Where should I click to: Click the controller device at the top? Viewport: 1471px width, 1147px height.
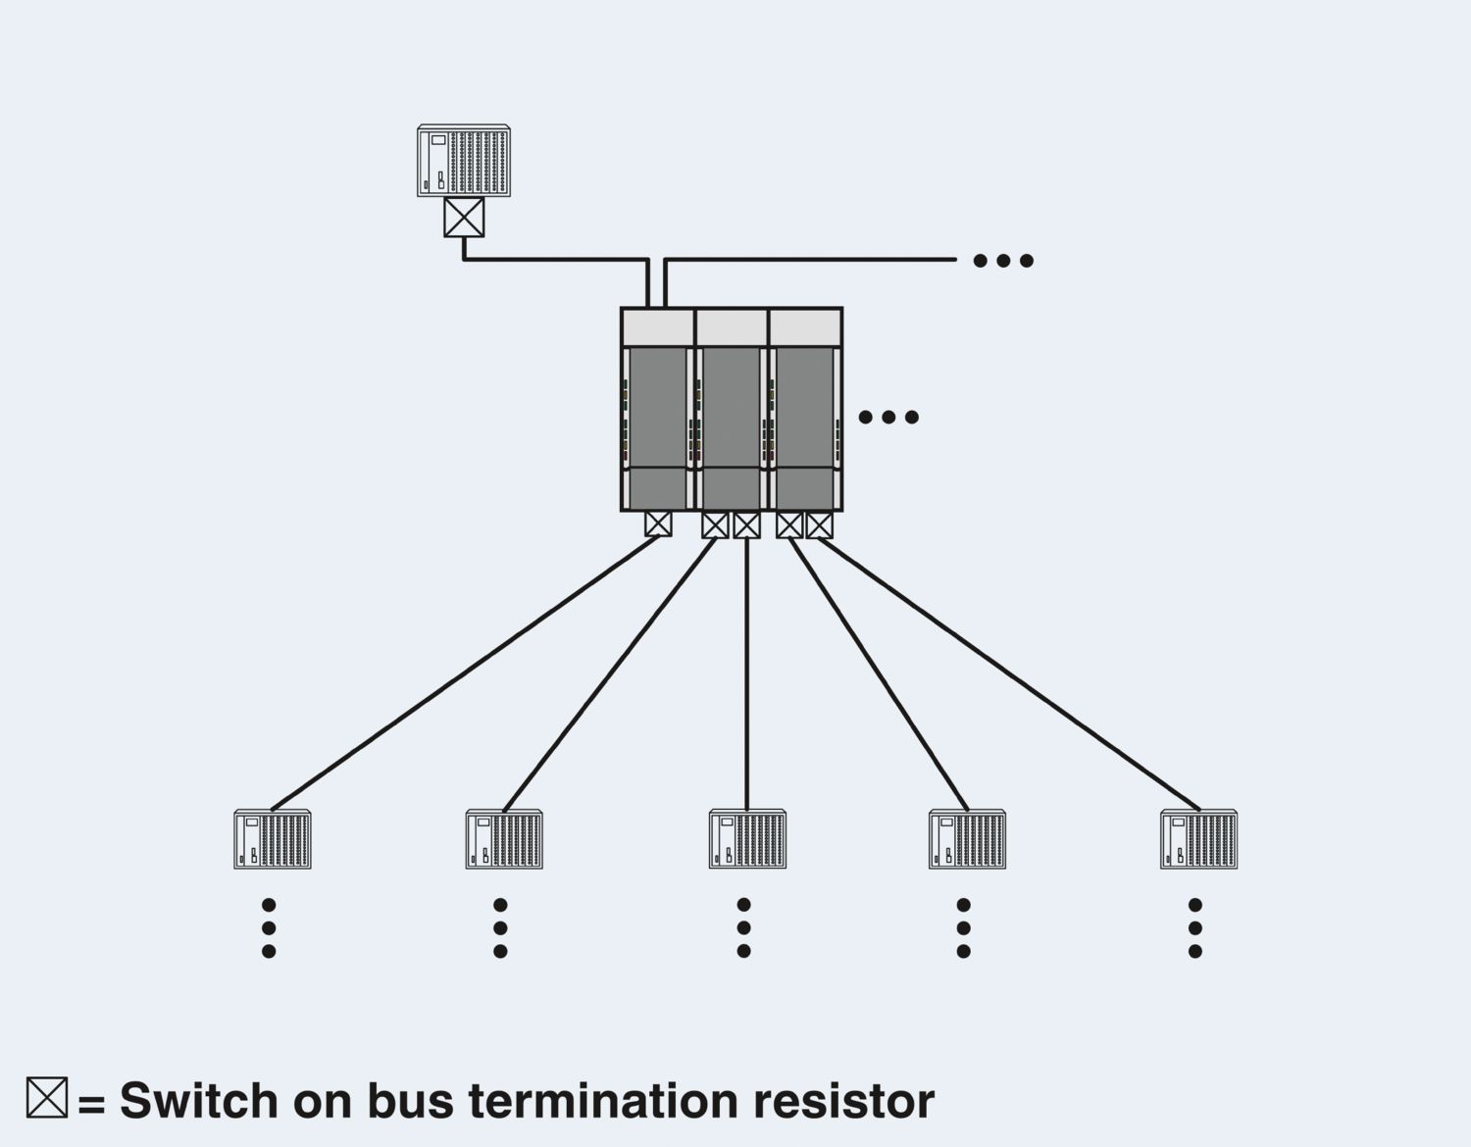(464, 161)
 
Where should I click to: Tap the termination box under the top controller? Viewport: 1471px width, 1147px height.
(464, 218)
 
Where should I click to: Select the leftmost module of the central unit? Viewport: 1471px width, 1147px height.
(658, 410)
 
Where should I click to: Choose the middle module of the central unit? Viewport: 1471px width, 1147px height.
(732, 410)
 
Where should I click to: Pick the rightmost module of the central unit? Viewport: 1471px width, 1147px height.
(805, 410)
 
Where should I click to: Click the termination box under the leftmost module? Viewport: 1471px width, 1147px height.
(658, 524)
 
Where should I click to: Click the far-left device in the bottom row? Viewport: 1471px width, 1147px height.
(273, 839)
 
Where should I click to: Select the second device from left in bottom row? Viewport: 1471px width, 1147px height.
(504, 839)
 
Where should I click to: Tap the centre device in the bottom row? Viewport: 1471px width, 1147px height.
(747, 839)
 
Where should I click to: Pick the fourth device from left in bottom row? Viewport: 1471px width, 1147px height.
(967, 839)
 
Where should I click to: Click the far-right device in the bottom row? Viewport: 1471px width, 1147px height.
(1198, 839)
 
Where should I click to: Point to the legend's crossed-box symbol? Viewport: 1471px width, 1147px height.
(47, 1098)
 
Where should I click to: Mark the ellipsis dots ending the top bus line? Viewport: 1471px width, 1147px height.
(1002, 261)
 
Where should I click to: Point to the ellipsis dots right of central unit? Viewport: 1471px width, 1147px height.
(888, 418)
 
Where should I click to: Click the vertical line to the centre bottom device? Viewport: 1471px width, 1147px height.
(747, 676)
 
